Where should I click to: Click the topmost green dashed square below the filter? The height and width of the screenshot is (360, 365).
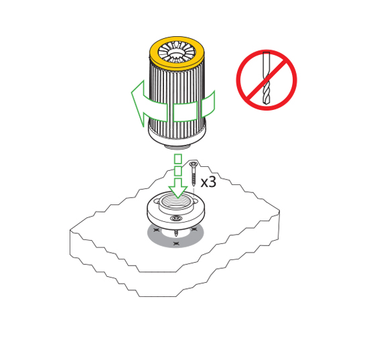[x=178, y=158]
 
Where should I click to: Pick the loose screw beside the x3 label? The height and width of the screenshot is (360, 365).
[x=193, y=174]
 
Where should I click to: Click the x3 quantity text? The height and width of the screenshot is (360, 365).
[x=208, y=182]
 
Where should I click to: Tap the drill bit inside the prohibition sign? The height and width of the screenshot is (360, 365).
[x=267, y=78]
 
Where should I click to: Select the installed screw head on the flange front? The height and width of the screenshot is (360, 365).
[x=176, y=218]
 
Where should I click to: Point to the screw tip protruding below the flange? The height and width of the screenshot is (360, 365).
[x=176, y=233]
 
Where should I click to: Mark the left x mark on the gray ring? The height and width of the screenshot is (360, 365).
[x=157, y=230]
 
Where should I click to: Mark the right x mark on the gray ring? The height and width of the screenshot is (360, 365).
[x=194, y=229]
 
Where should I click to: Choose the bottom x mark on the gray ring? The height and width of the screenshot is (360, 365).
[x=176, y=244]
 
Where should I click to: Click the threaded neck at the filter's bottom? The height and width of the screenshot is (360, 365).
[x=177, y=147]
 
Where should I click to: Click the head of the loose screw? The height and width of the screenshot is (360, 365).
[x=193, y=164]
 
